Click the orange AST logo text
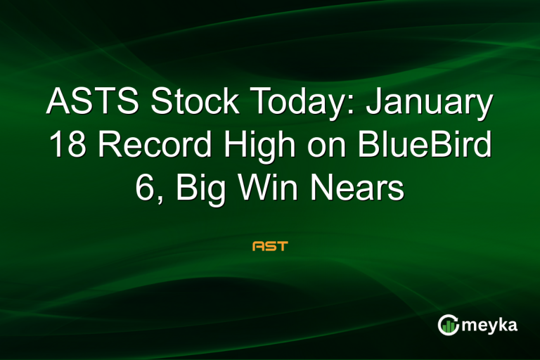coord(270,247)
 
